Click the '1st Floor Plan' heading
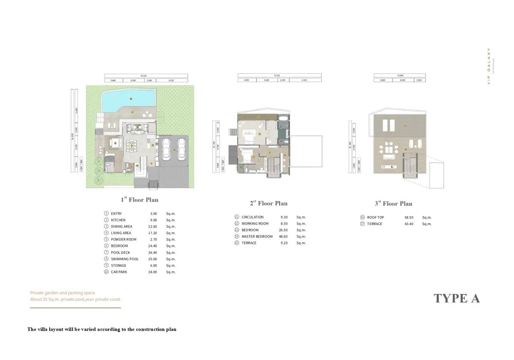pos(139,200)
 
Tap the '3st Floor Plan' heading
pos(393,204)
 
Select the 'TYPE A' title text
pos(457,298)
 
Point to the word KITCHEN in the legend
pos(118,220)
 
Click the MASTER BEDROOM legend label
pos(257,237)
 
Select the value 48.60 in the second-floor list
pos(284,237)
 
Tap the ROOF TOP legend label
pos(376,217)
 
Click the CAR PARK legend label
pos(119,272)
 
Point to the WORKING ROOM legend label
pos(255,223)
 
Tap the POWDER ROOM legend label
pos(124,239)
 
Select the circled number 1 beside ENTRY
pos(106,213)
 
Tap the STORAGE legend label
pos(119,265)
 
